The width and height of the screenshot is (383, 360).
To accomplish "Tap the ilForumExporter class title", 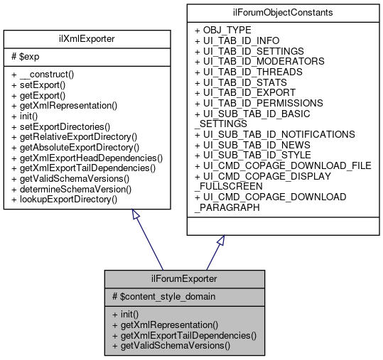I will point(185,279).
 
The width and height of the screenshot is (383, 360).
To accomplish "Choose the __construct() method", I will point(43,74).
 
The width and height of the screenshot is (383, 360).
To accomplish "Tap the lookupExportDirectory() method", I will point(64,200).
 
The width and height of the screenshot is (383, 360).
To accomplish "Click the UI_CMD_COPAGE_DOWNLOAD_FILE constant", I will point(283,165).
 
